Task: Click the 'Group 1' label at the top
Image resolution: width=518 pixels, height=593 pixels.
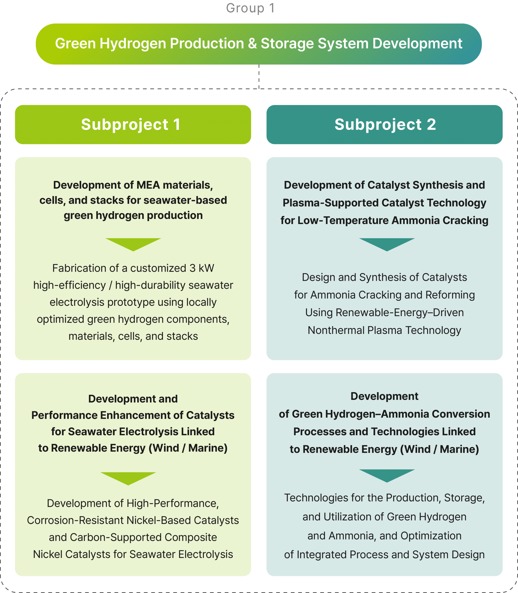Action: [x=250, y=8]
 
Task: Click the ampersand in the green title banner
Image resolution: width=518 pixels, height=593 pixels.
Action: [x=252, y=44]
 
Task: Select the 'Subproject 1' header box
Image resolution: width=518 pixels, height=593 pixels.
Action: [x=133, y=125]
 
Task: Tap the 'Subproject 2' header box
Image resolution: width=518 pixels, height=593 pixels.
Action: [x=384, y=125]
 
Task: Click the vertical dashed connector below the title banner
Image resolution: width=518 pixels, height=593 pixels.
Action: [x=259, y=76]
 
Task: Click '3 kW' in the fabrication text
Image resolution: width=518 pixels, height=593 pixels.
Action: [x=202, y=268]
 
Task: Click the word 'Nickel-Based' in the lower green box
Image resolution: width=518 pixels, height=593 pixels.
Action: [x=159, y=520]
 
